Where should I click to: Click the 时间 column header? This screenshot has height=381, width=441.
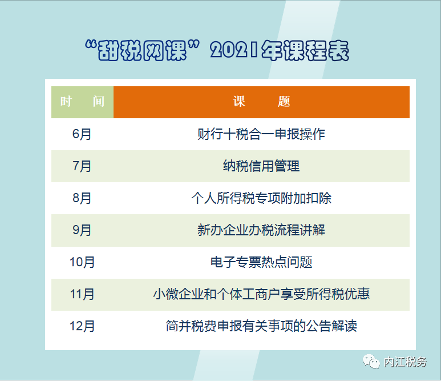[82, 102]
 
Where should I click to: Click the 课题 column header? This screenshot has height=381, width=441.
[261, 102]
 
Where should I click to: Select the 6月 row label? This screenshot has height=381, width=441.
[82, 134]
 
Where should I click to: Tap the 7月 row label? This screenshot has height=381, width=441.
[82, 166]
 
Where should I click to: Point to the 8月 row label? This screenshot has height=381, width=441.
[82, 198]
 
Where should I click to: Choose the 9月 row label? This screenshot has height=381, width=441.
[82, 230]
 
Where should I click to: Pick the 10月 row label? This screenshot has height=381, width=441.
[82, 262]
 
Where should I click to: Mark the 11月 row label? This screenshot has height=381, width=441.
[82, 294]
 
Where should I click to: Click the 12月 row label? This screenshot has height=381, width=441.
[82, 326]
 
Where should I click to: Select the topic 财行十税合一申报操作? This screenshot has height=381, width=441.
[261, 134]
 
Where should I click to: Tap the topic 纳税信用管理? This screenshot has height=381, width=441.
[261, 166]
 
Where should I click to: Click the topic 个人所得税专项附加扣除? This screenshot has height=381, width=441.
[261, 198]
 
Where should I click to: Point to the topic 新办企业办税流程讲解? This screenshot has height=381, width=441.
[261, 230]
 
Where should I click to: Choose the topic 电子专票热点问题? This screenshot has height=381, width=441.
[261, 262]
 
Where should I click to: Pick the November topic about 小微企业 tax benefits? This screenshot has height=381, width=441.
[261, 294]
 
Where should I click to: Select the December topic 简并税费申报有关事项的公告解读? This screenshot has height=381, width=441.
[261, 326]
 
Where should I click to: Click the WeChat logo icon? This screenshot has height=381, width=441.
[371, 361]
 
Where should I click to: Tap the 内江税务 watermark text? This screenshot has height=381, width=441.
[405, 362]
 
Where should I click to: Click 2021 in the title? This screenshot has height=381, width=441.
[234, 50]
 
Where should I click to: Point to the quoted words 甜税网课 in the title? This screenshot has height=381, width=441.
[142, 50]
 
